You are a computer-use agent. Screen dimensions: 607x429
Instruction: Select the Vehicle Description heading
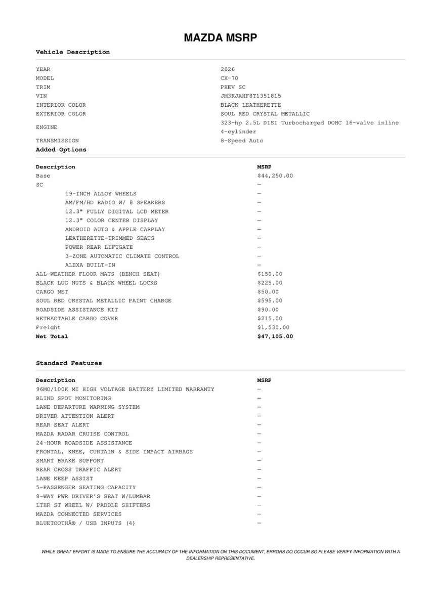72,52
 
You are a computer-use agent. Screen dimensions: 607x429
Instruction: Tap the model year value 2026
228,69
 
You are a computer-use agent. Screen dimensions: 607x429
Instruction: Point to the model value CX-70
229,78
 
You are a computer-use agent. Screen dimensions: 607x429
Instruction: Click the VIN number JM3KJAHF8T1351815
251,96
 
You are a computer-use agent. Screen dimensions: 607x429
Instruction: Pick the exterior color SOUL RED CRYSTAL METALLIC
265,114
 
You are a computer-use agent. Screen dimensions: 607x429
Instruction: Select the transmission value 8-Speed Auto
242,141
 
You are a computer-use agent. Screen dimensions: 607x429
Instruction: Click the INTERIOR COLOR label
61,105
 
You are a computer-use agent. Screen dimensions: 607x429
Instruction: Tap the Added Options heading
61,150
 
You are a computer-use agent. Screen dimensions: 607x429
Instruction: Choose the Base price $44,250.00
275,176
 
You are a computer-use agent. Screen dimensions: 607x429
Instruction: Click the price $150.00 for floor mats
270,274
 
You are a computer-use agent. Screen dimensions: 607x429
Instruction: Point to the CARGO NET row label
52,292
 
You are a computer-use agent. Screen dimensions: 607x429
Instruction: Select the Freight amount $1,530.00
273,327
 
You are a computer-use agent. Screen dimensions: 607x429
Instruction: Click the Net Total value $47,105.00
275,336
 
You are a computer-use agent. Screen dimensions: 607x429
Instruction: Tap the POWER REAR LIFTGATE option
99,247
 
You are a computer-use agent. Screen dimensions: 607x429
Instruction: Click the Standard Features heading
69,363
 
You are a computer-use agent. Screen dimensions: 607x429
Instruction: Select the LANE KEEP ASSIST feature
64,479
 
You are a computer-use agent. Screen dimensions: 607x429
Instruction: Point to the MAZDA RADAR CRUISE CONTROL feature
82,434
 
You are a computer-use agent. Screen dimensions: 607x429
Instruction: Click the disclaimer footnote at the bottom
220,555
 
